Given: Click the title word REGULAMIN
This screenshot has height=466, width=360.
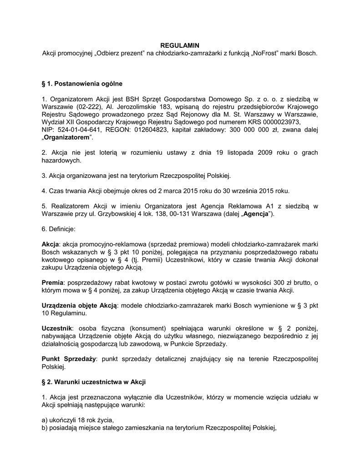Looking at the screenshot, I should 180,46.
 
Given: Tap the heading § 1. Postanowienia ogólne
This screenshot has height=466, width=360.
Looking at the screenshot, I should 82,84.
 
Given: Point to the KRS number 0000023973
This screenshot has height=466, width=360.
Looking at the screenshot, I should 282,122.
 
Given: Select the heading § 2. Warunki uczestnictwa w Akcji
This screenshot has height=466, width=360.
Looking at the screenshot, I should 93,382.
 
